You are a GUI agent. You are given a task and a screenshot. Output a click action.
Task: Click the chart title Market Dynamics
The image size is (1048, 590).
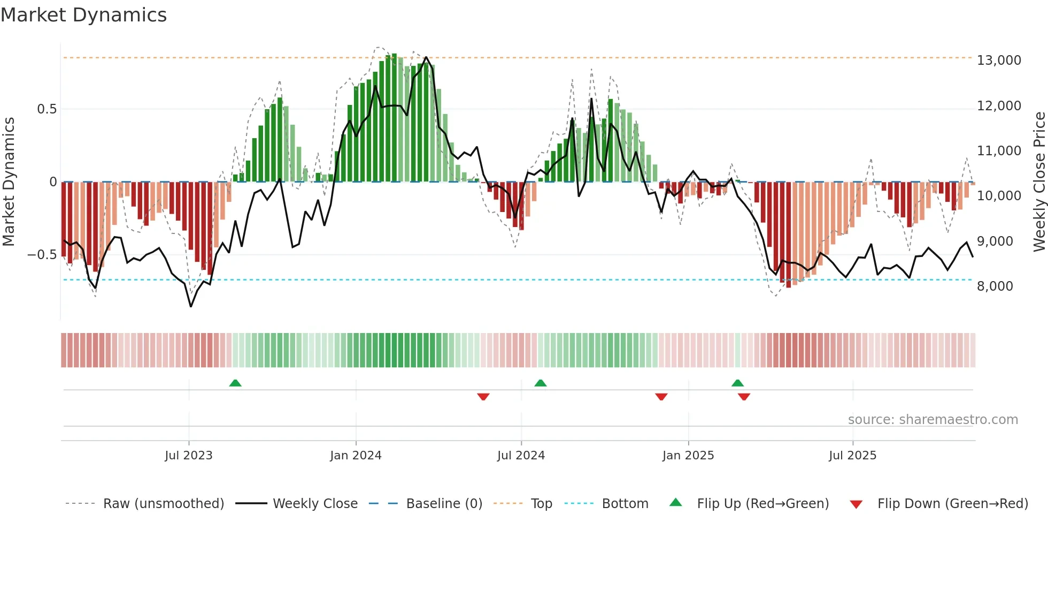pyautogui.click(x=83, y=15)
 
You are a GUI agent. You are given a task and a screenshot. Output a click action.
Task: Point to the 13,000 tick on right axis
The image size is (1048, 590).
pyautogui.click(x=999, y=60)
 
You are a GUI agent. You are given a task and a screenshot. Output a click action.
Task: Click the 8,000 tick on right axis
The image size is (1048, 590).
pyautogui.click(x=995, y=286)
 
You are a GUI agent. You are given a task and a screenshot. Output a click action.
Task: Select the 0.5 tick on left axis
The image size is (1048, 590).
pyautogui.click(x=47, y=109)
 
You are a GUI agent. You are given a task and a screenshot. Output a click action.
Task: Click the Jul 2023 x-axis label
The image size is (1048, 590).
pyautogui.click(x=189, y=456)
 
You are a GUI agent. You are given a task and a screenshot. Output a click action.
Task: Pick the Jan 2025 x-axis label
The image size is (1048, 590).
pyautogui.click(x=688, y=456)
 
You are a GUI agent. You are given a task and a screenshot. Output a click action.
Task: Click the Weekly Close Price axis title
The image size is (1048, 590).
pyautogui.click(x=1039, y=182)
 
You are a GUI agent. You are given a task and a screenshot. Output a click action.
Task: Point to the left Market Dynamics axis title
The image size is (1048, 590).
pyautogui.click(x=9, y=182)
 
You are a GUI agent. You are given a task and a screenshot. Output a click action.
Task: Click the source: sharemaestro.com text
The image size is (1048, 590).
pyautogui.click(x=933, y=420)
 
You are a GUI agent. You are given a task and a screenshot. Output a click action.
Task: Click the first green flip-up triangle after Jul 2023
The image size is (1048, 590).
pyautogui.click(x=235, y=383)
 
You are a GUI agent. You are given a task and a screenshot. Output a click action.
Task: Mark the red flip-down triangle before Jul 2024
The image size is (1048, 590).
pyautogui.click(x=483, y=397)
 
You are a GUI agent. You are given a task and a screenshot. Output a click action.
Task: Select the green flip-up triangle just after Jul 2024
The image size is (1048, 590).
pyautogui.click(x=541, y=383)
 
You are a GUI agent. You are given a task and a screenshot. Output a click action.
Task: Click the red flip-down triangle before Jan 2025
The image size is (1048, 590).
pyautogui.click(x=661, y=397)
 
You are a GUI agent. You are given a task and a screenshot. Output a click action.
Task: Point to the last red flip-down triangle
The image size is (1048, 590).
pyautogui.click(x=744, y=397)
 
